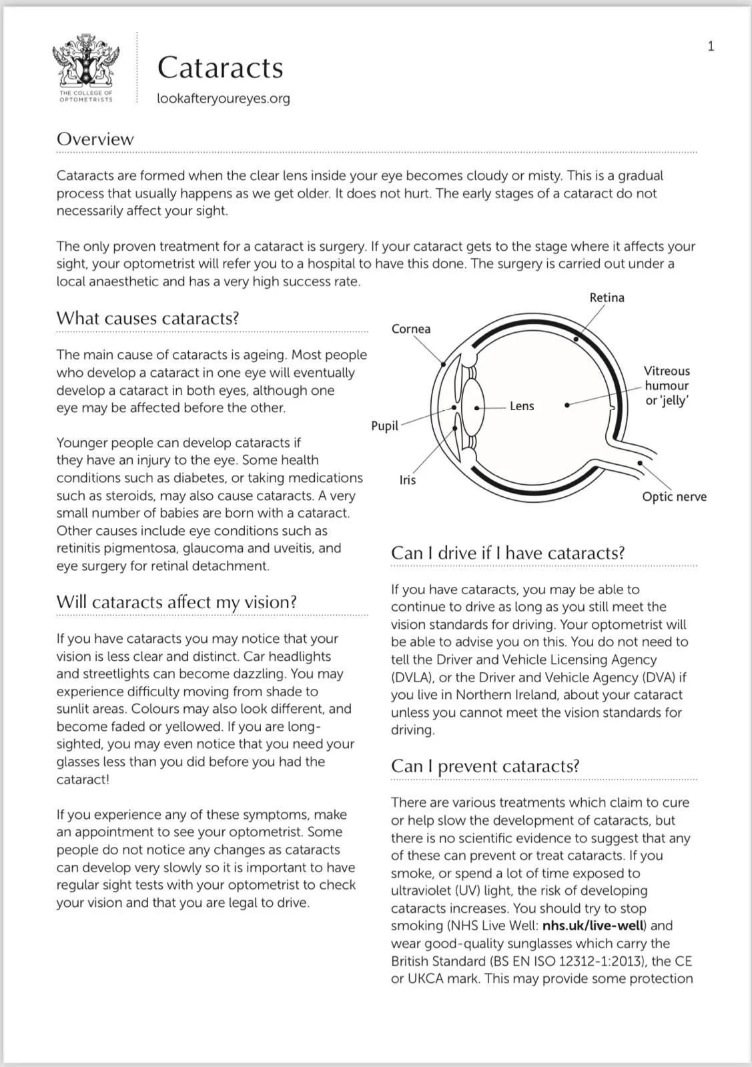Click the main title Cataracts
(220, 67)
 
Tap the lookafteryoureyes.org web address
(224, 99)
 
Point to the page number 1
(711, 46)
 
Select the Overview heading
(95, 139)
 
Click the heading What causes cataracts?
(147, 318)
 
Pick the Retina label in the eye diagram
(607, 297)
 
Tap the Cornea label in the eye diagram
(411, 329)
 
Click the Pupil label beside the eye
(384, 426)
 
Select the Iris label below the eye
(407, 480)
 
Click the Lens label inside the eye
(522, 406)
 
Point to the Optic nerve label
(674, 497)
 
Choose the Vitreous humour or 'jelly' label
(667, 385)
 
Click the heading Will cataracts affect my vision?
(176, 602)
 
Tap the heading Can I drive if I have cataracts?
(508, 553)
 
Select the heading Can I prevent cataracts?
(485, 766)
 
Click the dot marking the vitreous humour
(567, 405)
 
